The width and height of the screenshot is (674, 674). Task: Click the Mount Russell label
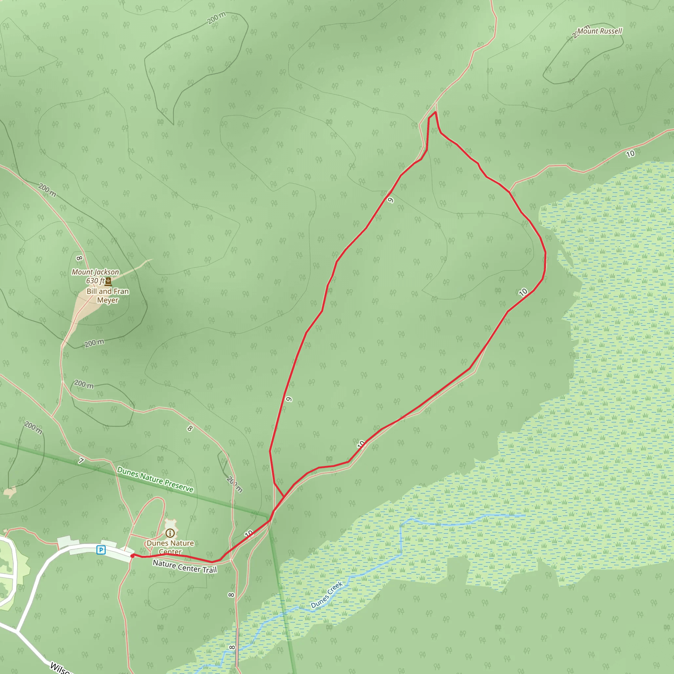[x=599, y=31]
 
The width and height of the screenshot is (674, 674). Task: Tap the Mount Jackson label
[x=95, y=272]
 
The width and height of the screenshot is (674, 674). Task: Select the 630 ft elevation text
[x=95, y=281]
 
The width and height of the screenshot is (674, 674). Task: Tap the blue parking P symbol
[x=101, y=550]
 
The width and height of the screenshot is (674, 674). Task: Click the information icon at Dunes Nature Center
[x=170, y=533]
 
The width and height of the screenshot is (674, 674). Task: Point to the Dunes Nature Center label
[x=170, y=547]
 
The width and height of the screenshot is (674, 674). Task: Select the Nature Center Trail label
[x=185, y=566]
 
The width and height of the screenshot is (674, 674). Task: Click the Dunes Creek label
[x=326, y=595]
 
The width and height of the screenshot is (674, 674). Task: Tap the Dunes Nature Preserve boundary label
[x=155, y=479]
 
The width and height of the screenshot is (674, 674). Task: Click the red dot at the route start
[x=132, y=556]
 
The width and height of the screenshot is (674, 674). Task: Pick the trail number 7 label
[x=81, y=461]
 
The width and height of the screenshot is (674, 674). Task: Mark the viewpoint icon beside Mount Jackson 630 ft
[x=109, y=281]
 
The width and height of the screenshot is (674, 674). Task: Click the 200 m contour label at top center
[x=216, y=18]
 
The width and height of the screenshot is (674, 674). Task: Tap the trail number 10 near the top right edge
[x=630, y=154]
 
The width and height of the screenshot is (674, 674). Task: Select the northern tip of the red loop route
[x=435, y=112]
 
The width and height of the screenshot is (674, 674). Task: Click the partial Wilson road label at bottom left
[x=60, y=668]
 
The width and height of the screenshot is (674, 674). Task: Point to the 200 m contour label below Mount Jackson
[x=94, y=343]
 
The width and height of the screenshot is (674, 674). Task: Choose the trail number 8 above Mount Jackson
[x=80, y=258]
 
